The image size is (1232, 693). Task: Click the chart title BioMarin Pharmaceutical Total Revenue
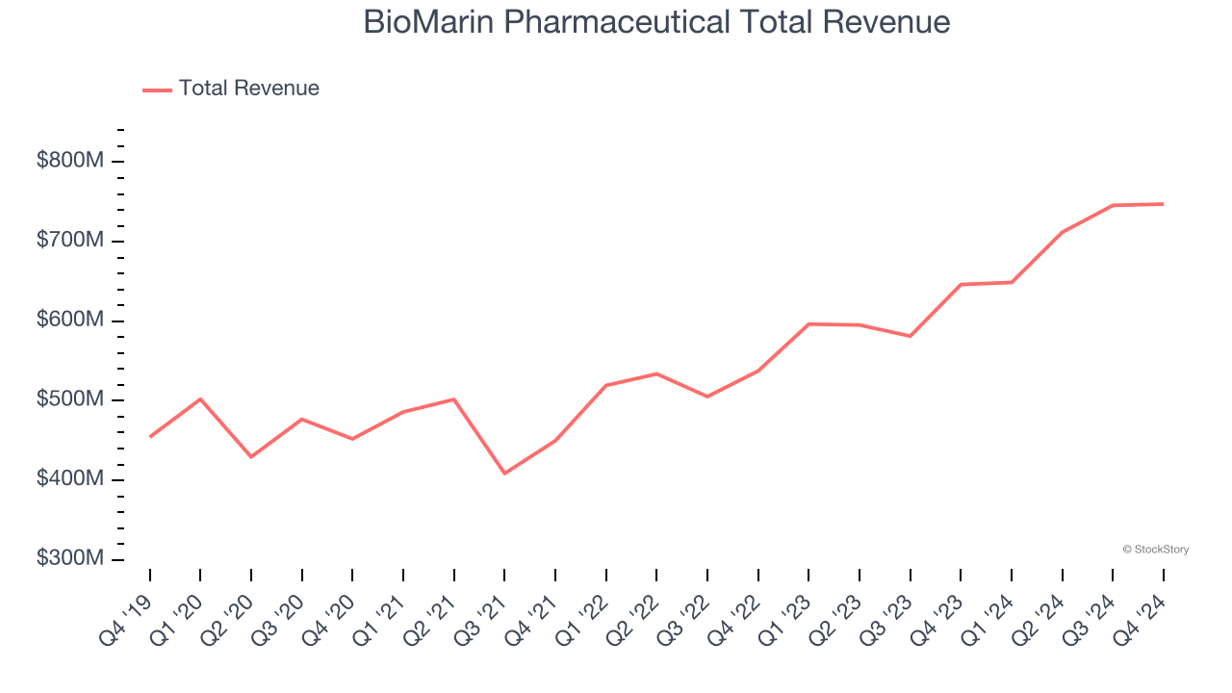656,22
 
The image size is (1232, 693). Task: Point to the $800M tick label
69,161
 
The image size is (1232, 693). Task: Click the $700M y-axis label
69,241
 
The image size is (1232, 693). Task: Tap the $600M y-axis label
69,321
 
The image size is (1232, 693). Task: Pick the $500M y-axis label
69,400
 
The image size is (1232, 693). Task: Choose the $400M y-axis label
69,480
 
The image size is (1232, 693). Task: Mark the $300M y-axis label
69,559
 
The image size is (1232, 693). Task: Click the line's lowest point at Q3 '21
504,474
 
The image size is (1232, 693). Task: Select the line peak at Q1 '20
200,398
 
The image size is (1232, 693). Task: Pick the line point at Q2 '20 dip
251,457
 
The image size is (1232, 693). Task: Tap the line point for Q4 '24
1163,204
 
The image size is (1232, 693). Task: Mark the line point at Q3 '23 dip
910,336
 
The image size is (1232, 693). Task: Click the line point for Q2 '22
656,373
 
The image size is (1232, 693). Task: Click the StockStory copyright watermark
1155,550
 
